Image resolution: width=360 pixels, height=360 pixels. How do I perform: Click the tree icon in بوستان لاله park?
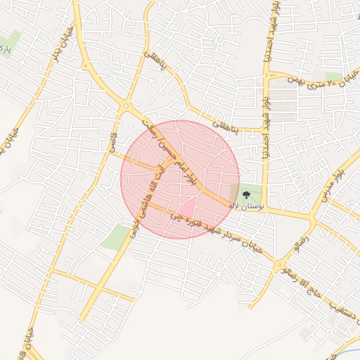245,195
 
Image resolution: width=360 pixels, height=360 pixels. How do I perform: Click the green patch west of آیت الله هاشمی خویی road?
116,237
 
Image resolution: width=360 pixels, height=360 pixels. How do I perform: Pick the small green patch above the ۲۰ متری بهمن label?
333,75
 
